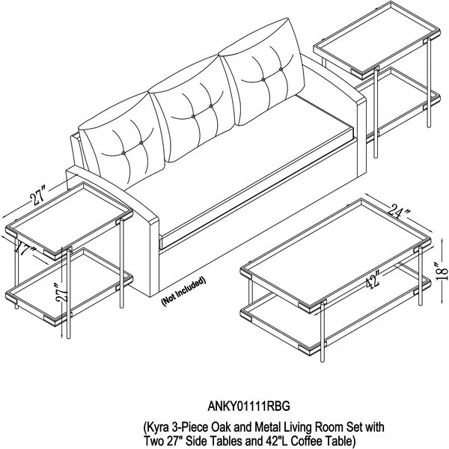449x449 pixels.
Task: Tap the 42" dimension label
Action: (x=373, y=281)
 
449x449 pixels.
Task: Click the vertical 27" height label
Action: (x=62, y=293)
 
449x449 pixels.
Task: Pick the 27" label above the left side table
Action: (x=38, y=196)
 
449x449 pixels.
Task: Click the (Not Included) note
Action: (x=183, y=292)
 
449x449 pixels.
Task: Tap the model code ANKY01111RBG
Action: (x=248, y=406)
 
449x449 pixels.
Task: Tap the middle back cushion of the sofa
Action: (x=192, y=109)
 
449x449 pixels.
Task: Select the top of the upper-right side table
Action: (x=377, y=40)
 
